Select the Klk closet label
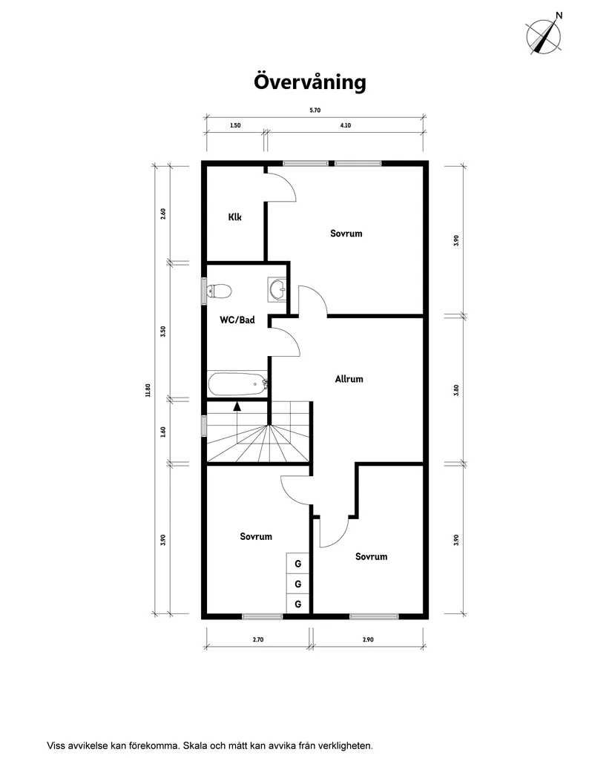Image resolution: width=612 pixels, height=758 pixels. click(x=234, y=217)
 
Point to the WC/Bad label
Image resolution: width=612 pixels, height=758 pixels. click(x=237, y=320)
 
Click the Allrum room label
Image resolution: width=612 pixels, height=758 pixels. click(x=349, y=379)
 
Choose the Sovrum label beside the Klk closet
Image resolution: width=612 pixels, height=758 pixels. click(x=346, y=234)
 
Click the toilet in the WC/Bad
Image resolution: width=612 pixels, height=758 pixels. click(x=218, y=291)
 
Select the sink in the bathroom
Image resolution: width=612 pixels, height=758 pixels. click(x=277, y=290)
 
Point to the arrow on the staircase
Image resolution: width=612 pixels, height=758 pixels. click(x=237, y=406)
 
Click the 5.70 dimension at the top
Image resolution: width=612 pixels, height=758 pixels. click(x=315, y=110)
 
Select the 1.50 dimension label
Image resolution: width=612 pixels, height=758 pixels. click(x=234, y=126)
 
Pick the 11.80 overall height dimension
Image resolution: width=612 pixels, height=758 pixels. click(x=148, y=389)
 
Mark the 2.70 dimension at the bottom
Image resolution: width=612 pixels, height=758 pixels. click(x=257, y=639)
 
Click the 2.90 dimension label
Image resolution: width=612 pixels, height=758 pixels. click(x=369, y=639)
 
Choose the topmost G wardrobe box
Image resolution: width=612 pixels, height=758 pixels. click(x=297, y=564)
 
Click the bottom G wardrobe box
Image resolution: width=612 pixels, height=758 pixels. click(x=297, y=604)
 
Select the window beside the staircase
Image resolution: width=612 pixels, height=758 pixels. click(x=203, y=425)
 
